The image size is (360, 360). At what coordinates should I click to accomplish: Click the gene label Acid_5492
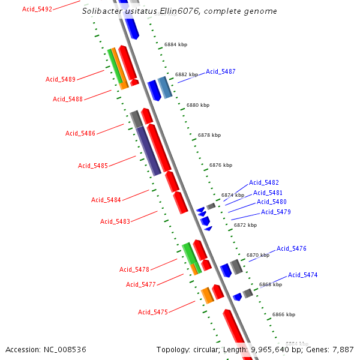point(37,9)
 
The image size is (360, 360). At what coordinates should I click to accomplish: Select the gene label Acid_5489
point(61,79)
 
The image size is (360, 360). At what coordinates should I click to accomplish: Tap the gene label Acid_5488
point(68,99)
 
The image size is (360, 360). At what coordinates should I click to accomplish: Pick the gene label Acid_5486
point(80,133)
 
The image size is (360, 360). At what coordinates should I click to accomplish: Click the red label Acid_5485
point(93,166)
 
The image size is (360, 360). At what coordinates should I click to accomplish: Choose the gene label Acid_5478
point(134,269)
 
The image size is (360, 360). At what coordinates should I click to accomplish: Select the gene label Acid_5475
point(153,312)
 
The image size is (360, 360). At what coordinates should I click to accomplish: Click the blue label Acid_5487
point(221,71)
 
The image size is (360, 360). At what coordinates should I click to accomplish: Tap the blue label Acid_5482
point(264,182)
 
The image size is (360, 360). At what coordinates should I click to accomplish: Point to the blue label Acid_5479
point(276,212)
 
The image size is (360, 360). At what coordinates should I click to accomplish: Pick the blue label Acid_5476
point(292,248)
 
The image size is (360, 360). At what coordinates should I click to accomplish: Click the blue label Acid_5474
point(303,275)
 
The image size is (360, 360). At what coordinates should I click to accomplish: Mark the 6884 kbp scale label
point(176,44)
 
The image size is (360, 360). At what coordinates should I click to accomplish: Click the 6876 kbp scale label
point(221,165)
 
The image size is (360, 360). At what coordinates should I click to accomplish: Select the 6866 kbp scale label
point(284,314)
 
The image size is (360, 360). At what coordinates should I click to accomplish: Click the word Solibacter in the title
point(103,11)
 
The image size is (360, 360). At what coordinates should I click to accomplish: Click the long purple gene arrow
point(148,151)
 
